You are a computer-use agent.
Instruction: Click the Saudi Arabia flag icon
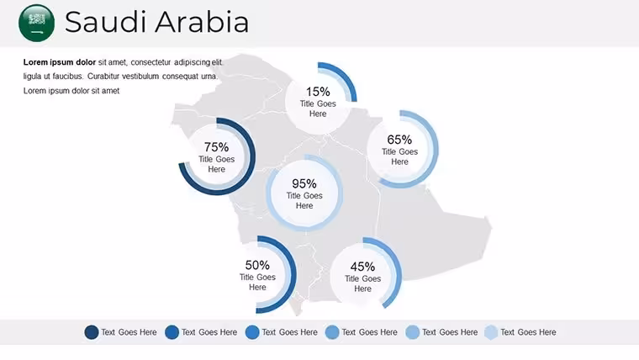(x=37, y=23)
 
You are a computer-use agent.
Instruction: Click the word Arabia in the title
(x=202, y=22)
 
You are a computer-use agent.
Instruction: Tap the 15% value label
(x=318, y=92)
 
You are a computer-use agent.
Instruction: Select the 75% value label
(x=216, y=146)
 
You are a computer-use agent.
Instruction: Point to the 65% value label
(x=399, y=140)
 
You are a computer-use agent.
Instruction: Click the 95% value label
(x=304, y=183)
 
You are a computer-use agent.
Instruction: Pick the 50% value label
(x=257, y=265)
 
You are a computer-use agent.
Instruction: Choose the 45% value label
(x=362, y=267)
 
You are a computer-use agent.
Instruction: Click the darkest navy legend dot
(x=92, y=332)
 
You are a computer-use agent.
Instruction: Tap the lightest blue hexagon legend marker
(x=492, y=332)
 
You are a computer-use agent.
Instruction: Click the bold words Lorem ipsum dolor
(x=60, y=62)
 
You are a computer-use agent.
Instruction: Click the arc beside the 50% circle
(x=293, y=274)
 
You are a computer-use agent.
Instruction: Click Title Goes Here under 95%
(x=304, y=200)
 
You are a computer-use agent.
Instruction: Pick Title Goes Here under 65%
(x=399, y=156)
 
